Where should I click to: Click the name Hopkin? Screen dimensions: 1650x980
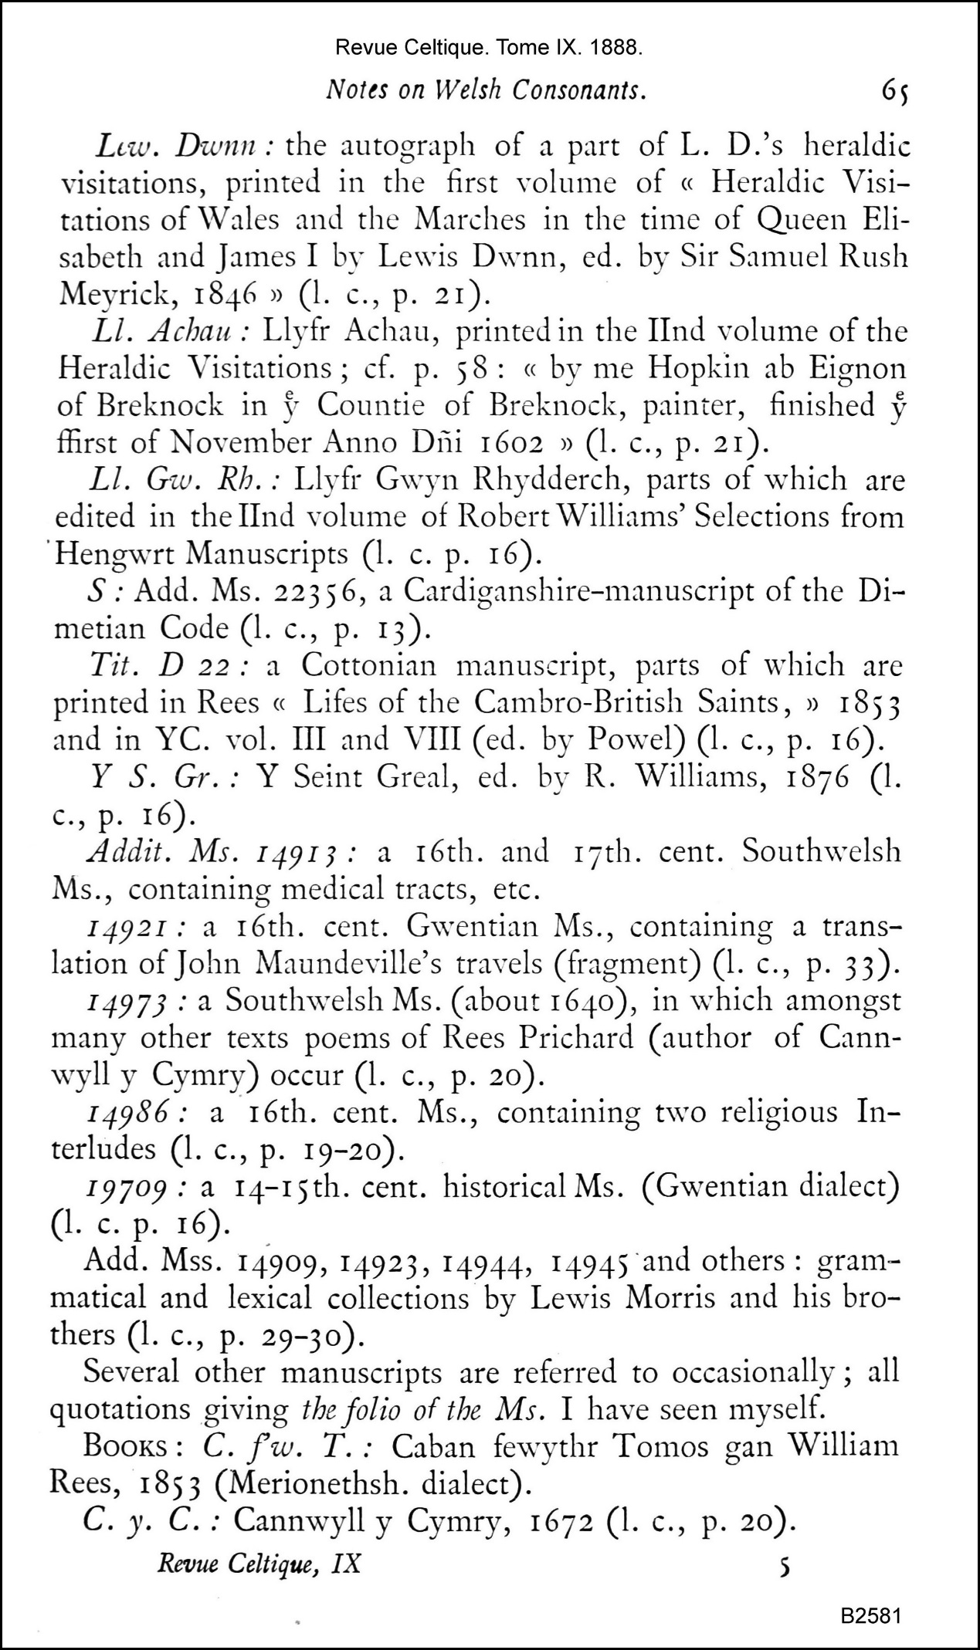point(691,367)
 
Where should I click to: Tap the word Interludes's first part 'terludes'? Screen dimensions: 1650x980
point(104,1149)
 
